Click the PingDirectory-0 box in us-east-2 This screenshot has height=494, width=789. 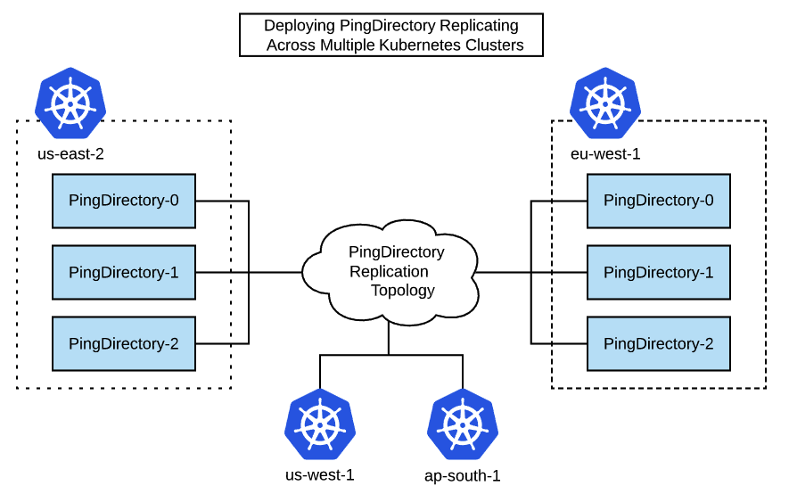[x=124, y=201]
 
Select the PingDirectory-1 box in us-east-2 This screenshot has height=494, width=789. [x=124, y=272]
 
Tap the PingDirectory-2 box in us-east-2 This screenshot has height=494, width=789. [x=124, y=343]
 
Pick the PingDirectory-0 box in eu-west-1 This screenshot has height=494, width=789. [x=658, y=201]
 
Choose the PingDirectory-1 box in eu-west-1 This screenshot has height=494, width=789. [x=658, y=272]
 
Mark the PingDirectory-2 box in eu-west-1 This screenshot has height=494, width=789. [x=658, y=343]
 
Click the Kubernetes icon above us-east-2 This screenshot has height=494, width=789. [x=70, y=103]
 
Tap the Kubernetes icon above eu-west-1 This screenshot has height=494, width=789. [x=605, y=103]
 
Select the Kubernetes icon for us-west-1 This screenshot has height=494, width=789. [x=320, y=424]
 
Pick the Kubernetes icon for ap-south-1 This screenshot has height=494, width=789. [x=463, y=424]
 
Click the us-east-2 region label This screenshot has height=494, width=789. [x=70, y=153]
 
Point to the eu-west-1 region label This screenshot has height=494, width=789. [x=605, y=153]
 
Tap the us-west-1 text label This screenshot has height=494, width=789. [x=320, y=474]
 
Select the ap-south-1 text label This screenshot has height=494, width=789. [x=463, y=475]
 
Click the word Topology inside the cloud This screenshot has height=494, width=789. [x=403, y=291]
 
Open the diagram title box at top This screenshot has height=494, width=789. [x=391, y=35]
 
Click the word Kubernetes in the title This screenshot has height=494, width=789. [x=425, y=45]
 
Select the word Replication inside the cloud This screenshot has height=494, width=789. [x=389, y=272]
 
